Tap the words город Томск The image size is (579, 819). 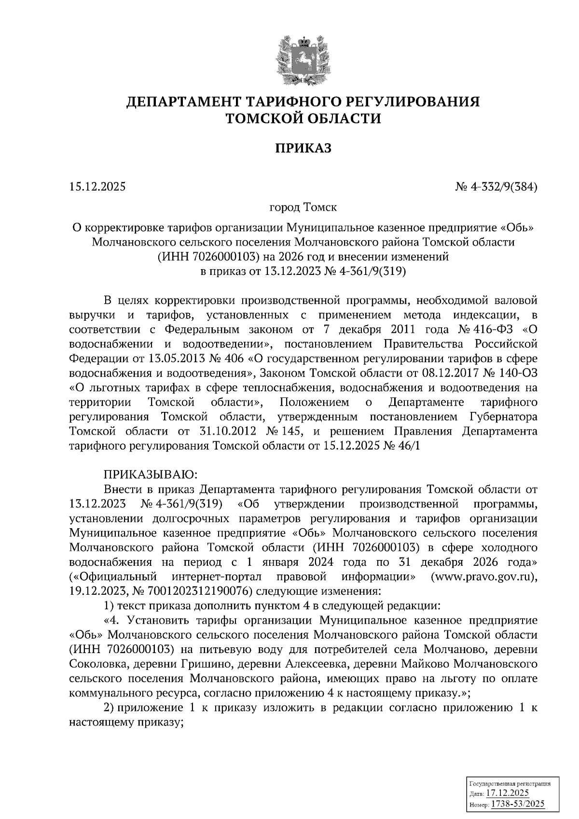pos(303,208)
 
